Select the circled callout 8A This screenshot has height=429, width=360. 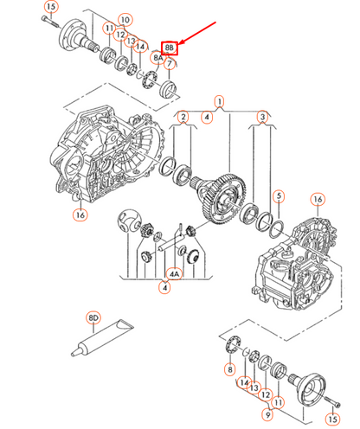[x=157, y=58]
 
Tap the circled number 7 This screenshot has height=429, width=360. [x=170, y=63]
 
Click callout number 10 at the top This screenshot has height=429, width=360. [x=125, y=19]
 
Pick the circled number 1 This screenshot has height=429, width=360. [x=222, y=101]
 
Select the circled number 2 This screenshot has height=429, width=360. [x=183, y=116]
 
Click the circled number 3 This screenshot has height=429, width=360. [x=263, y=116]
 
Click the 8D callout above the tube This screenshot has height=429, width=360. [x=93, y=319]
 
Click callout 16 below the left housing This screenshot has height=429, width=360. [x=80, y=215]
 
